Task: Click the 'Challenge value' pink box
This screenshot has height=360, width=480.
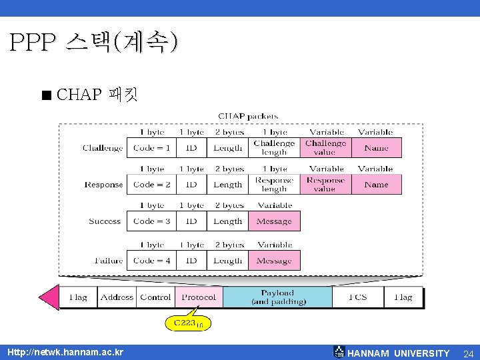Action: [x=325, y=148]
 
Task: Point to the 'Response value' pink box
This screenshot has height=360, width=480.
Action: [x=325, y=185]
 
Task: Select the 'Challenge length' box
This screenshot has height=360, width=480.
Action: [x=274, y=148]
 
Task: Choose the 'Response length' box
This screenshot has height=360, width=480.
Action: [x=274, y=185]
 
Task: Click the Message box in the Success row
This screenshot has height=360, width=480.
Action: [x=274, y=221]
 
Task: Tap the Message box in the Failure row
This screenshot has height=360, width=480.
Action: [x=274, y=261]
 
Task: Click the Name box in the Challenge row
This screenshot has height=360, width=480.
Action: [x=376, y=148]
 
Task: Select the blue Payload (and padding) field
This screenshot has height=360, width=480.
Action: [x=277, y=297]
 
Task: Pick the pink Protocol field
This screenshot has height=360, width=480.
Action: [x=199, y=297]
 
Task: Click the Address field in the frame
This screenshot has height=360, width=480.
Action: [x=117, y=297]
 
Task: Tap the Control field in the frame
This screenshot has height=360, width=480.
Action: [x=156, y=297]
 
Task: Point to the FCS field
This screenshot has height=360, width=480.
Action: [x=358, y=297]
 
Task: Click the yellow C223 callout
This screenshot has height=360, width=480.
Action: [x=188, y=323]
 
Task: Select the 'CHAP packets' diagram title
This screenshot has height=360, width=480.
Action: [x=249, y=116]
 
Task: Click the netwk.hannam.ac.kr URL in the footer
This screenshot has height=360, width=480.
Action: [x=65, y=352]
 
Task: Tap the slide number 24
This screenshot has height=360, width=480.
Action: [x=468, y=353]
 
